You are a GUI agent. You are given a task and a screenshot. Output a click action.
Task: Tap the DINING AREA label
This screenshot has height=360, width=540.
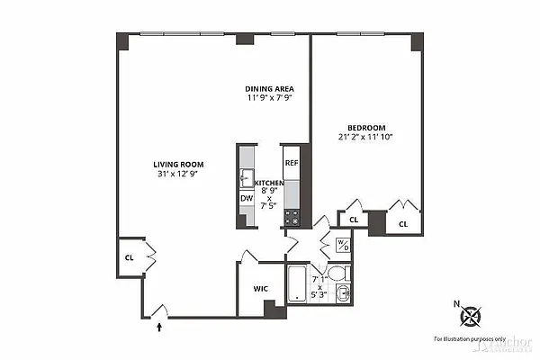(x=268, y=88)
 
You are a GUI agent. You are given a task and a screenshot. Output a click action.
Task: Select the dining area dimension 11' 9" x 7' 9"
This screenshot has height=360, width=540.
(x=268, y=98)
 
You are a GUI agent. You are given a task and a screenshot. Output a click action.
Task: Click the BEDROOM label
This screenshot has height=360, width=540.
(x=368, y=127)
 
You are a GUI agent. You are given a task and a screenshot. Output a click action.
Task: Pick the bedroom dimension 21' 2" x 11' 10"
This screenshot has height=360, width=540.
(x=368, y=137)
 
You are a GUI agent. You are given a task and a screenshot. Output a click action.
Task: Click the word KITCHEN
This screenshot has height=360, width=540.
(x=269, y=183)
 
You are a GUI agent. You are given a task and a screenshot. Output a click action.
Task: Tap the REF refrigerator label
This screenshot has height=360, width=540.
(x=291, y=163)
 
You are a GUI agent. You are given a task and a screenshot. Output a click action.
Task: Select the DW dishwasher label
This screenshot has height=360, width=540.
(x=246, y=198)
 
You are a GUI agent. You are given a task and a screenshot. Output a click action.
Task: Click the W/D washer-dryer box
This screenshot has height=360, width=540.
(x=342, y=246)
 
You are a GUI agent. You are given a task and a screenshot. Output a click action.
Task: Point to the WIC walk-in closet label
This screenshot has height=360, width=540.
(x=261, y=289)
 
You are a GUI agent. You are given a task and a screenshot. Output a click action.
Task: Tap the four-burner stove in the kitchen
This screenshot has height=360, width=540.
(x=292, y=217)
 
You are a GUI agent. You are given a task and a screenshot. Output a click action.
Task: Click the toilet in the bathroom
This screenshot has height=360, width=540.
(x=337, y=274)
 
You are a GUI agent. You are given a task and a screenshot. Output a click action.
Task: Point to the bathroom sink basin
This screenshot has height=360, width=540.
(x=342, y=293)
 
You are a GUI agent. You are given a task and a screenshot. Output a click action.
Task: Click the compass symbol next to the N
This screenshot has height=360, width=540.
(x=471, y=316)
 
